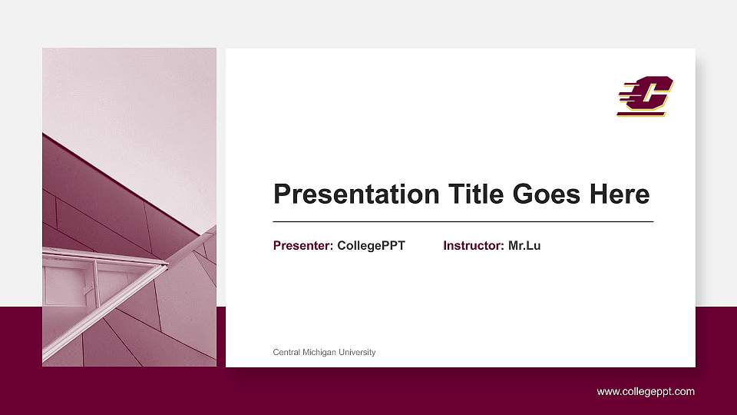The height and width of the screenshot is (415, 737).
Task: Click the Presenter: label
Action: [x=303, y=246]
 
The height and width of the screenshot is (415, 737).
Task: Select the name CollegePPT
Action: [x=371, y=246]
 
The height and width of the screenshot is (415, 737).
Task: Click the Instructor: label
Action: [x=474, y=246]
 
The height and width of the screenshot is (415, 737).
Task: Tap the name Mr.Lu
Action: [x=524, y=246]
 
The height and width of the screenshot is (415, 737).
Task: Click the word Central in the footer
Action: [x=287, y=353]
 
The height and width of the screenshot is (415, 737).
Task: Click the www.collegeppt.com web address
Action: [x=646, y=392]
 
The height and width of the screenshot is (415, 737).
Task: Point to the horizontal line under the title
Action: [x=463, y=221]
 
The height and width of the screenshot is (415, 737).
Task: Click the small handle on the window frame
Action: [x=88, y=290]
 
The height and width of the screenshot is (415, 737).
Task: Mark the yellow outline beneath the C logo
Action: [x=641, y=115]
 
